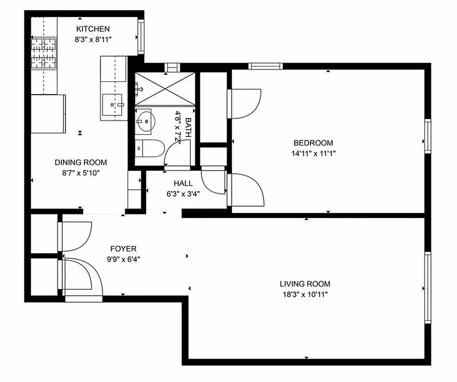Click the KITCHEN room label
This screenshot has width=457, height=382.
click(93, 29)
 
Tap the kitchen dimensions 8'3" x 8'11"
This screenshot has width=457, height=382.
click(93, 40)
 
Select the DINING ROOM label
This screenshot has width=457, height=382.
click(81, 162)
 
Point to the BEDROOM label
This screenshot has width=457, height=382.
click(313, 143)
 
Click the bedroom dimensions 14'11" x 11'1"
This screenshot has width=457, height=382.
click(313, 153)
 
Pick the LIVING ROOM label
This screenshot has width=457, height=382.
click(305, 284)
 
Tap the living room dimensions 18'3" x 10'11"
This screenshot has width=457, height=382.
click(305, 295)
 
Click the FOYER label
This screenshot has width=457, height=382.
click(124, 249)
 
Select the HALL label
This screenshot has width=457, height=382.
click(183, 183)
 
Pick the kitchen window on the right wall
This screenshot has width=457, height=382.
click(141, 36)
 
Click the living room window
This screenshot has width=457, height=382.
click(427, 287)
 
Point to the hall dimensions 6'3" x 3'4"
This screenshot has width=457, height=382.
click(183, 194)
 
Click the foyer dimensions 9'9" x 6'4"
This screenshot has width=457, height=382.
click(124, 259)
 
